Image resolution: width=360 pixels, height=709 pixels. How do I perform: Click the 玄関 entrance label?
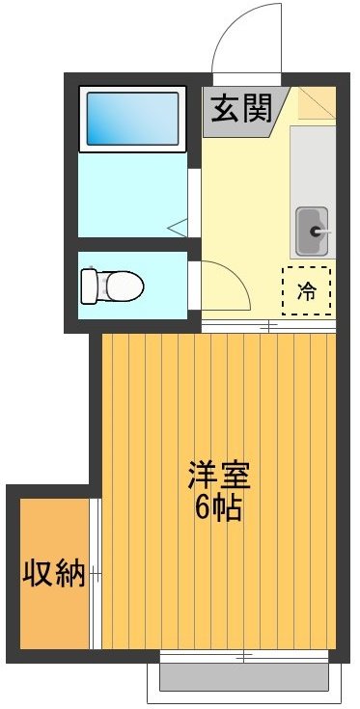[x=236, y=107]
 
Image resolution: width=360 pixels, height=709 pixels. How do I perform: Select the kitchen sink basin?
[x=311, y=231]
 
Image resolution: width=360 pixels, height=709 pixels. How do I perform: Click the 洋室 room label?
[x=218, y=477]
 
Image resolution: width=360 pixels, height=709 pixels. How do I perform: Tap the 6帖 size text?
[x=218, y=507]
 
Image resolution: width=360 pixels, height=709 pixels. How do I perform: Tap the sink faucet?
[x=319, y=232]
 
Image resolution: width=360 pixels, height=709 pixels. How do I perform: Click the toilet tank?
[x=89, y=286]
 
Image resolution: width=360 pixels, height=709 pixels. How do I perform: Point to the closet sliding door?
[x=95, y=575]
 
